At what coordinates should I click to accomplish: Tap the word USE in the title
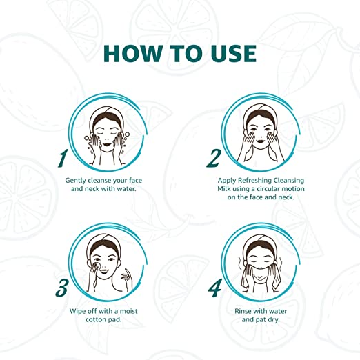(234, 53)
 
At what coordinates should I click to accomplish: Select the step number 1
(63, 158)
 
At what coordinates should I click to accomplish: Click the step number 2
(214, 158)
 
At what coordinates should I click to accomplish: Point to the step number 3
(62, 288)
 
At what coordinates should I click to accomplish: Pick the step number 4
(214, 288)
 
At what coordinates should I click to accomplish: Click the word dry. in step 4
(273, 320)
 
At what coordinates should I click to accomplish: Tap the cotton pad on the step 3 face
(97, 265)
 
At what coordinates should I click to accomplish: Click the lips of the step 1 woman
(107, 145)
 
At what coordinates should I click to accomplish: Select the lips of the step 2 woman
(260, 141)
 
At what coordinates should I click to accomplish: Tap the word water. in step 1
(127, 189)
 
